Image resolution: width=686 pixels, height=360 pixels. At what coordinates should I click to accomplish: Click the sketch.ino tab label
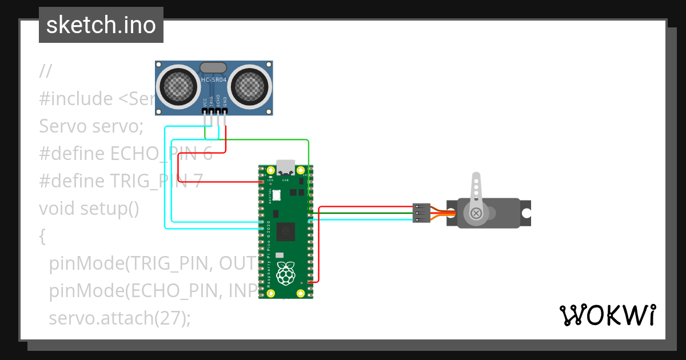coord(101,25)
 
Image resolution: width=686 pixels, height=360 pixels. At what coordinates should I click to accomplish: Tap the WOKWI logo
coord(607,315)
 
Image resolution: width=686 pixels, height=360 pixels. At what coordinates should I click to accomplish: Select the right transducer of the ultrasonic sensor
coord(249,86)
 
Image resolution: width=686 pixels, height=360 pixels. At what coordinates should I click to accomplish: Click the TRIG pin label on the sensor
coord(212,101)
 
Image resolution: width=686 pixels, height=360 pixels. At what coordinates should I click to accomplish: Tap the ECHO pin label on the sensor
coord(218,101)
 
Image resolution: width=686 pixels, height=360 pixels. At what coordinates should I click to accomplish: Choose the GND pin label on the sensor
coord(225,102)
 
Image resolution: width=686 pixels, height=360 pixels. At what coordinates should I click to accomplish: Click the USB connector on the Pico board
coord(286,167)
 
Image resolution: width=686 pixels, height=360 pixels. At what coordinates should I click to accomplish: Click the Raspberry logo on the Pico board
coord(285,274)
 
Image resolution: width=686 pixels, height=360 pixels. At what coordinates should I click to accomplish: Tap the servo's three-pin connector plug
coord(421,213)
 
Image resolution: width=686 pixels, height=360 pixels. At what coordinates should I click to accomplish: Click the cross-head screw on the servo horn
coord(476,213)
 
